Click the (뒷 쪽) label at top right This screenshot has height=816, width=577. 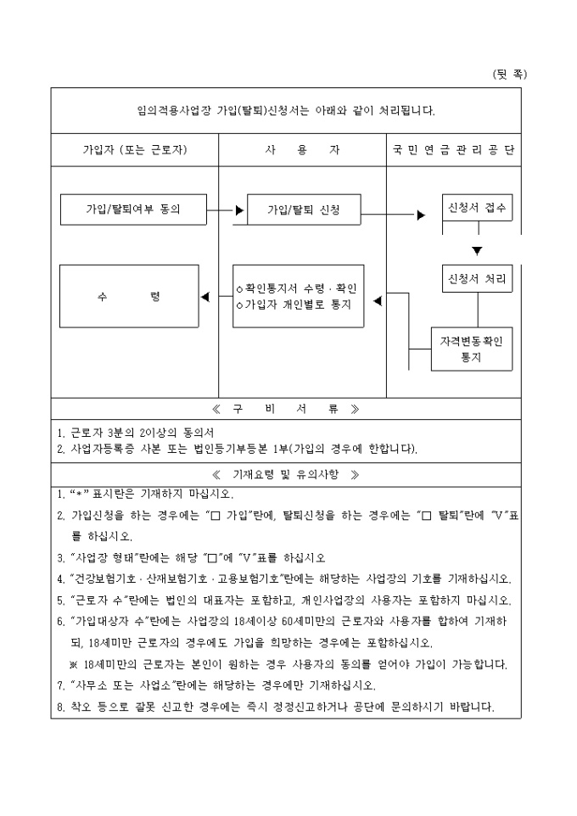coord(509,74)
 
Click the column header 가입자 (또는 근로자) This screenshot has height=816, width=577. coord(135,149)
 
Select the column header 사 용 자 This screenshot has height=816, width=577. coord(302,149)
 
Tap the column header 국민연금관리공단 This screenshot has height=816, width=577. coord(454,149)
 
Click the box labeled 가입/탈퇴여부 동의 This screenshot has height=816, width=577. coord(133,209)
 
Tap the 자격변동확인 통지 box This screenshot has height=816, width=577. coord(471,349)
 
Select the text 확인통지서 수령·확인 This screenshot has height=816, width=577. coord(298,288)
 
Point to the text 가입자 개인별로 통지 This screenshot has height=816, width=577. coord(297,304)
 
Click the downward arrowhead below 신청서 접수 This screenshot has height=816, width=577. coord(477,250)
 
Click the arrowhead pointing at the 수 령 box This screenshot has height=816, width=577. coord(204,297)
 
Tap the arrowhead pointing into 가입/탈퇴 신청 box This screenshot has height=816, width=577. coord(240,208)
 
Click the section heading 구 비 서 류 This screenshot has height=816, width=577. coord(285,409)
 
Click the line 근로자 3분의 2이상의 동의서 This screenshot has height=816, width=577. coord(136,432)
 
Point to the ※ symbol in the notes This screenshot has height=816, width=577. coord(74,662)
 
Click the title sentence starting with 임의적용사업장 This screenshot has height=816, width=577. coord(285,110)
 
